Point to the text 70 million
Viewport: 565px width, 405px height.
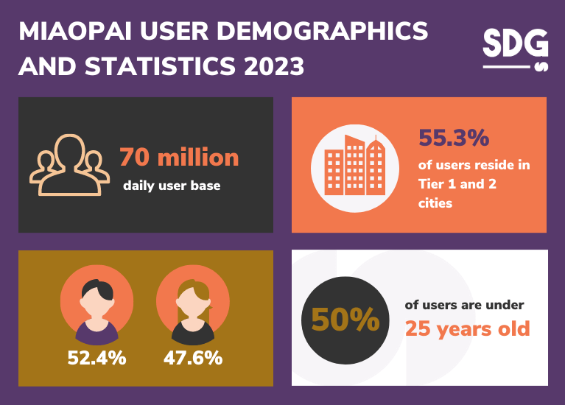[179, 158]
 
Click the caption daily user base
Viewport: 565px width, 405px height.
[172, 186]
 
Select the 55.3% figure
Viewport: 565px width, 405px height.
[454, 137]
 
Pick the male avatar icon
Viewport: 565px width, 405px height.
[96, 302]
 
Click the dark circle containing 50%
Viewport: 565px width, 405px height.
[345, 320]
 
